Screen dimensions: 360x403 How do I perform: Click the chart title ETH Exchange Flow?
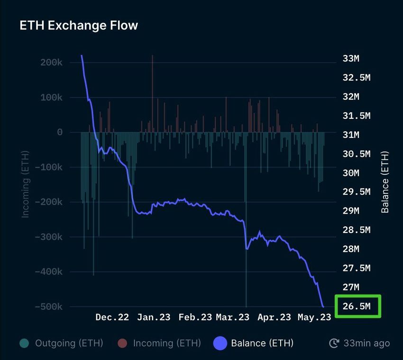tap(79, 26)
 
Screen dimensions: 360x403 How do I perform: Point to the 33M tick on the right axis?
tap(351, 59)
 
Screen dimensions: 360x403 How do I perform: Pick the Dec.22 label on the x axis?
tap(112, 317)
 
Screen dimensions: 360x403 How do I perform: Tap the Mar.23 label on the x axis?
tap(233, 317)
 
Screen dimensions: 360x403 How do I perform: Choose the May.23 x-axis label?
tap(314, 317)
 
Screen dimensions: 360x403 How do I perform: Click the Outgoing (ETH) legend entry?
tap(69, 343)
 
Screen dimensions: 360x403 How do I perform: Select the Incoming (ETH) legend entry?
tap(167, 343)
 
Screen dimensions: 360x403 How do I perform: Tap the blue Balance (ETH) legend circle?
tap(220, 343)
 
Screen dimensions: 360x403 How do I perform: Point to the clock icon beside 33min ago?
tap(334, 343)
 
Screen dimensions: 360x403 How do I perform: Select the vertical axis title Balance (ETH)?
tap(385, 183)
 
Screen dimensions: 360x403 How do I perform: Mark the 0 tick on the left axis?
tap(60, 132)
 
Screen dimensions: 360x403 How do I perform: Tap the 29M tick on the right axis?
tap(351, 211)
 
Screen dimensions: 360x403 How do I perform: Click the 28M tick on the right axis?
tap(351, 249)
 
